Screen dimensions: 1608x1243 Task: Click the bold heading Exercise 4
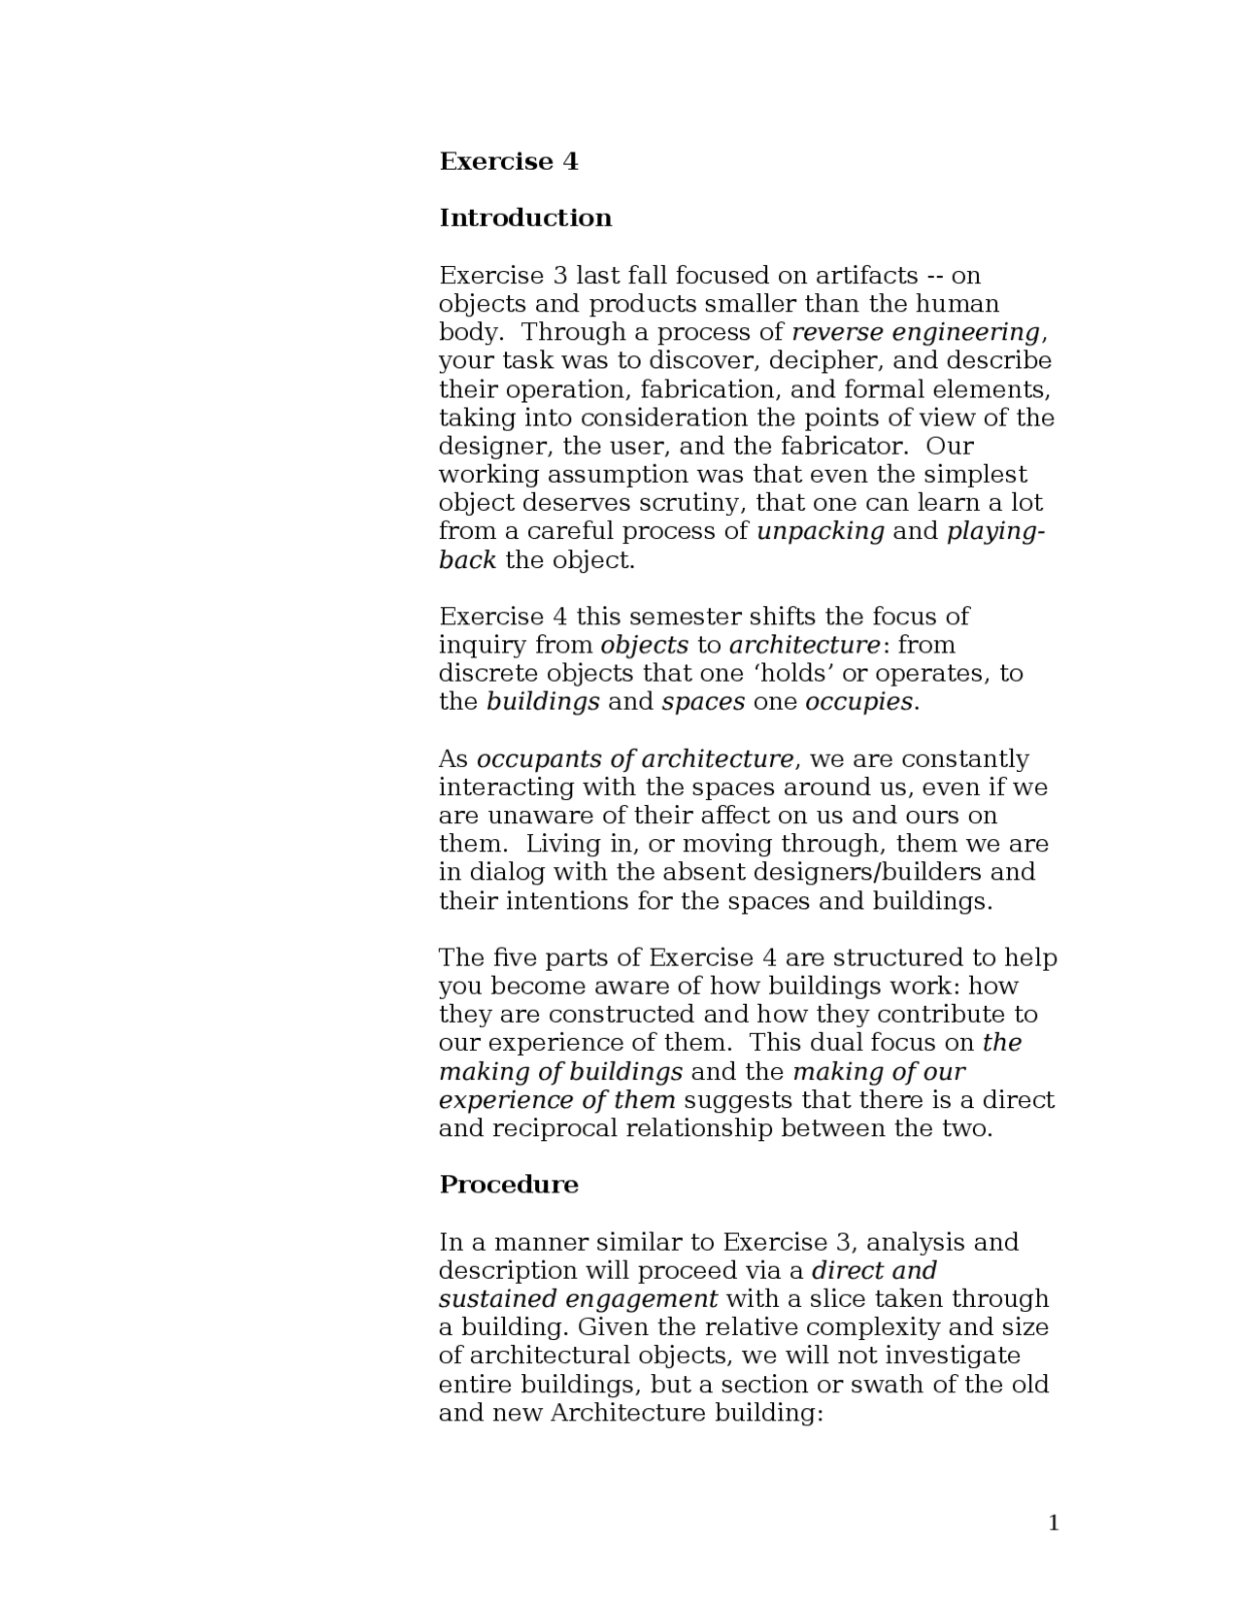tap(508, 161)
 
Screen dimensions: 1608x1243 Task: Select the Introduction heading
tap(525, 218)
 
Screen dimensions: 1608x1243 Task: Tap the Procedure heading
tap(508, 1185)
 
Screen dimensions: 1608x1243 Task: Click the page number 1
tap(1054, 1523)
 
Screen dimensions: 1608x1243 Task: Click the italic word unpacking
tap(821, 532)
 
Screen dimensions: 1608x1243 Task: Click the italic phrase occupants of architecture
tap(635, 759)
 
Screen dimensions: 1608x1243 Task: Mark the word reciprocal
tap(554, 1128)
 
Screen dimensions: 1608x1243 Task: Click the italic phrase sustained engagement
tap(578, 1299)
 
